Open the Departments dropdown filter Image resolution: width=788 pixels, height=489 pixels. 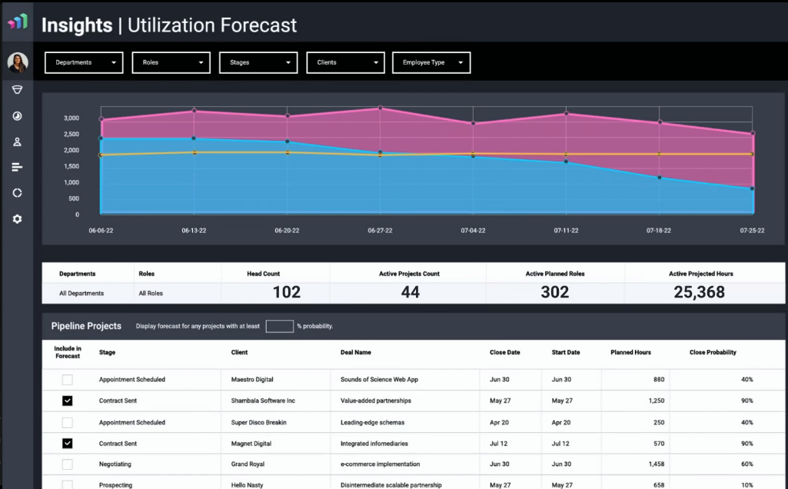point(84,62)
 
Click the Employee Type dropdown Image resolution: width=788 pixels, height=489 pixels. point(431,62)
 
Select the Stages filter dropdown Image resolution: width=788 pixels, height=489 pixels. point(258,62)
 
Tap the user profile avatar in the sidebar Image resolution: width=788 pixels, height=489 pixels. point(18,62)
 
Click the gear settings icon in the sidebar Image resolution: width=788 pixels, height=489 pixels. point(17,219)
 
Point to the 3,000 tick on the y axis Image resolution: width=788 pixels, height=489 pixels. point(71,118)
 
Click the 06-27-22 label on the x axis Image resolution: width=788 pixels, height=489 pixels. point(380,231)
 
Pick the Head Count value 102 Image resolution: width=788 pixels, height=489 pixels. point(287,292)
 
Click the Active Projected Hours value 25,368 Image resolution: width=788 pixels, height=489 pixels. point(699,292)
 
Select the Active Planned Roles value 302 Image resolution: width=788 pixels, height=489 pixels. point(554,292)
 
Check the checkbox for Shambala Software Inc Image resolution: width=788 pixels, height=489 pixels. point(67,401)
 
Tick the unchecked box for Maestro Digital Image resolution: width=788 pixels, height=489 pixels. point(67,379)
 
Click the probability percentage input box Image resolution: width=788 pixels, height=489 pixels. point(279,326)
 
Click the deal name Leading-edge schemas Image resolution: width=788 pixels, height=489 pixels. point(372,422)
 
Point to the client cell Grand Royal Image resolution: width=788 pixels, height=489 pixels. point(248,464)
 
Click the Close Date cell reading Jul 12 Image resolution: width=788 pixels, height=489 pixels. point(499,444)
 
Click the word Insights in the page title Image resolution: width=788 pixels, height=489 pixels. point(77,25)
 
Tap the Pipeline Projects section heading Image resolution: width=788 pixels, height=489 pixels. point(86,326)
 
